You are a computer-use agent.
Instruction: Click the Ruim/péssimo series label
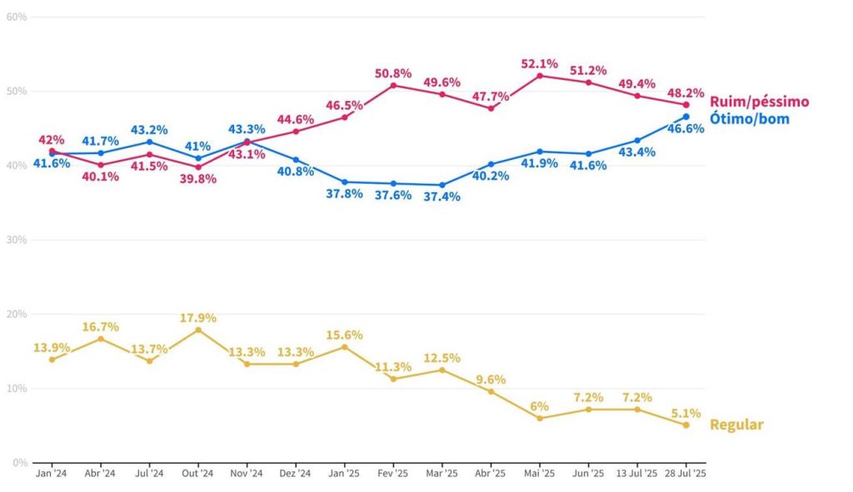coord(759,102)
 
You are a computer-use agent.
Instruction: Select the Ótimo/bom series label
coord(749,119)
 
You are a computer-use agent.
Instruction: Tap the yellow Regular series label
coord(736,425)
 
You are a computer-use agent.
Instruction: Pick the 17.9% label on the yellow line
coord(198,317)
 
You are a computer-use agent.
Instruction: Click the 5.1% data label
coord(686,413)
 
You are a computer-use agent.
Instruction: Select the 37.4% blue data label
coord(441,197)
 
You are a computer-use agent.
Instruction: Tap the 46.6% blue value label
coord(686,129)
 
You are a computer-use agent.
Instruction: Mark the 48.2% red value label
coord(686,93)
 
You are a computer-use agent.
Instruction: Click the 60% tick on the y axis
coord(17,17)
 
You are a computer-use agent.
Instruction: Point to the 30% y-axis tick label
coord(17,240)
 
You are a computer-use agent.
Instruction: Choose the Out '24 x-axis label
coord(198,474)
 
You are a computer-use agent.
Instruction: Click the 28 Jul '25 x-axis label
coord(686,474)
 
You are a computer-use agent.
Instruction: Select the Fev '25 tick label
coord(393,474)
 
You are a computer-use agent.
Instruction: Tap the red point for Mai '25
coord(540,76)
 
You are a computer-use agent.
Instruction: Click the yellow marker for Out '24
coord(198,330)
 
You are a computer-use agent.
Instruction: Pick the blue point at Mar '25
coord(442,185)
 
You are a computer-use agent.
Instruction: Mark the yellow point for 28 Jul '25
coord(686,425)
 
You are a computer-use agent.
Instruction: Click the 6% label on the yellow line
coord(539,406)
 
